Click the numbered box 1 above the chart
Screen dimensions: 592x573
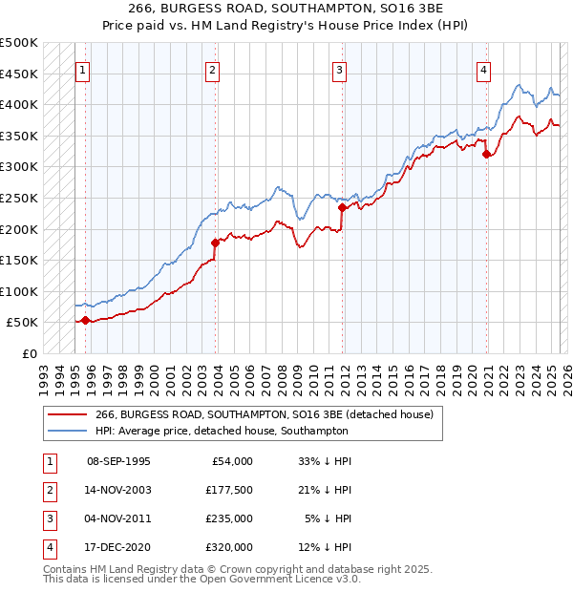coord(83,69)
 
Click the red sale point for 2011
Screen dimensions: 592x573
coord(342,206)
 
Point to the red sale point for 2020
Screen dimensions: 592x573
coord(487,154)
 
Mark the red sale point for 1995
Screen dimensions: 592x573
coord(86,320)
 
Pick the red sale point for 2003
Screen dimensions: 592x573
coord(215,243)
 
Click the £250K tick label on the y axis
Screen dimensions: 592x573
coord(19,198)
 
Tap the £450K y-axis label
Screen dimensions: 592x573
coord(19,74)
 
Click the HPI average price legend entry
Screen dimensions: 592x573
coord(222,431)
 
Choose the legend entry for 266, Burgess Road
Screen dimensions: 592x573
coord(265,414)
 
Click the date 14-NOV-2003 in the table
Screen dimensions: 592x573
coord(118,490)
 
